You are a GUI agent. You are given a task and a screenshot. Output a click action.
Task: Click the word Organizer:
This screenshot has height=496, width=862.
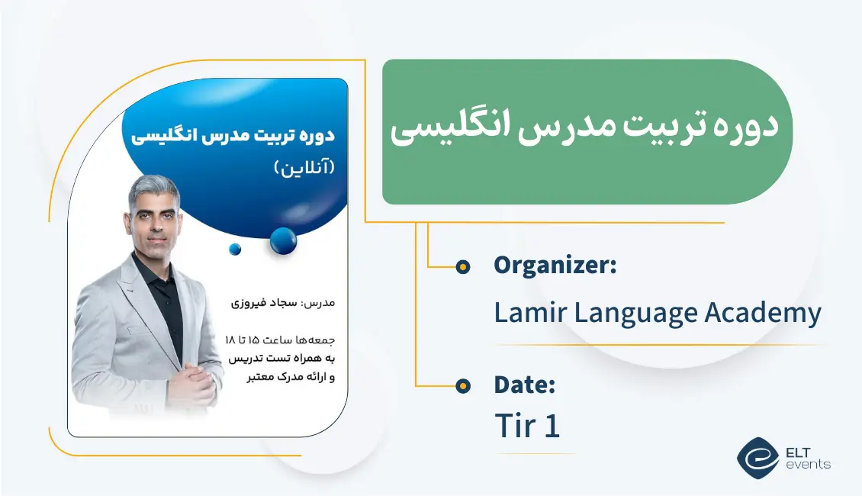[555, 266]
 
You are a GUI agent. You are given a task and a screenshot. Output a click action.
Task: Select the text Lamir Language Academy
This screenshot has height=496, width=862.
[658, 314]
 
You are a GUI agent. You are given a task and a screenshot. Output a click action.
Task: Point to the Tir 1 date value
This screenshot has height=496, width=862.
[527, 426]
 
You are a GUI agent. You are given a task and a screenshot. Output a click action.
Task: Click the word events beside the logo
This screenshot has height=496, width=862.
[807, 464]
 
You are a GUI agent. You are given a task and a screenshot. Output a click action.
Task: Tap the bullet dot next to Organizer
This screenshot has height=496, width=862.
[462, 266]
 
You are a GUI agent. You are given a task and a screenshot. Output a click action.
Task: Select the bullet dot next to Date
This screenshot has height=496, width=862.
[462, 386]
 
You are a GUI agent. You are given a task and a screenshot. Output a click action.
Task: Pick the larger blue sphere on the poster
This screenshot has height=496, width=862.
[284, 241]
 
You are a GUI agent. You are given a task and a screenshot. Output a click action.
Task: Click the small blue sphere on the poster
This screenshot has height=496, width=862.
[235, 249]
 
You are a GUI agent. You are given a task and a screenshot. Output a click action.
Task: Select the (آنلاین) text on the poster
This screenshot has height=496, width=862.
[304, 168]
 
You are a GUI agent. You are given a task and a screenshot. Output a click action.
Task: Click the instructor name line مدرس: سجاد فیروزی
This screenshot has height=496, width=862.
[282, 303]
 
